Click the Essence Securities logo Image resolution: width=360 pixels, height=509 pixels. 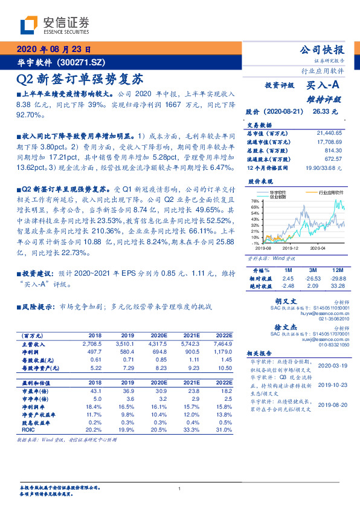tap(54, 25)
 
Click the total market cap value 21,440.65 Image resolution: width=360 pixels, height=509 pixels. tap(329, 132)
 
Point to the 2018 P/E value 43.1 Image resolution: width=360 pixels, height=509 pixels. tap(95, 391)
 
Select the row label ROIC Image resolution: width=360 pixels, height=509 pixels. tap(29, 431)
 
